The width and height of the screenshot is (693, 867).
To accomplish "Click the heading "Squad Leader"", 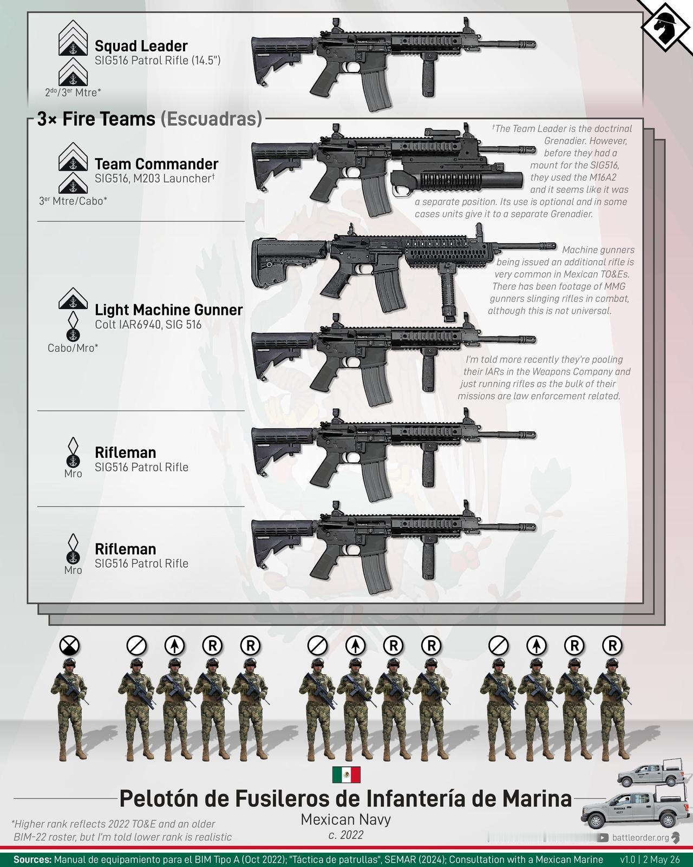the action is coord(141,46).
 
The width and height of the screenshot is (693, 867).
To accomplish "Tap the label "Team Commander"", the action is coord(156,164).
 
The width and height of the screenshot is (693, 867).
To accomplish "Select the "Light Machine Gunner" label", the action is coord(168,310).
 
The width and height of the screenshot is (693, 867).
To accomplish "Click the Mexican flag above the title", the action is coord(346,775).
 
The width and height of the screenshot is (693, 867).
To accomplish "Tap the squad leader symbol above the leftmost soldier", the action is coord(69,646).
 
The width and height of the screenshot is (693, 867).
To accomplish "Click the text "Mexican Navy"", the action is coord(346,819).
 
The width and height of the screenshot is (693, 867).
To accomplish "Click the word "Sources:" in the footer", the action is coord(32,859).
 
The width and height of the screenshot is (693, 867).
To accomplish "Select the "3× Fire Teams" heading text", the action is coord(96,119).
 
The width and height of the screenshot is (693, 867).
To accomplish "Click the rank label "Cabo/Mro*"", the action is coord(73,347).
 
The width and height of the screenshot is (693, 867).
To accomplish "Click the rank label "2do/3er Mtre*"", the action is coord(73,92).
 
